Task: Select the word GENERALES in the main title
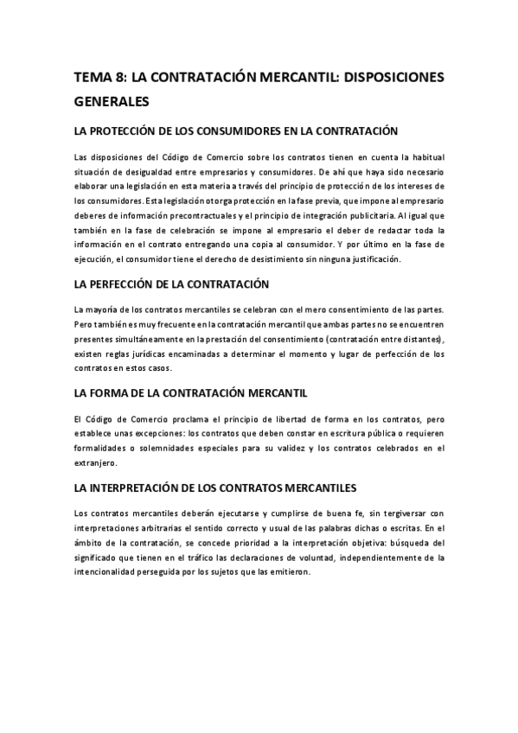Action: coord(112,101)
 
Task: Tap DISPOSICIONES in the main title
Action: coord(394,78)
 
